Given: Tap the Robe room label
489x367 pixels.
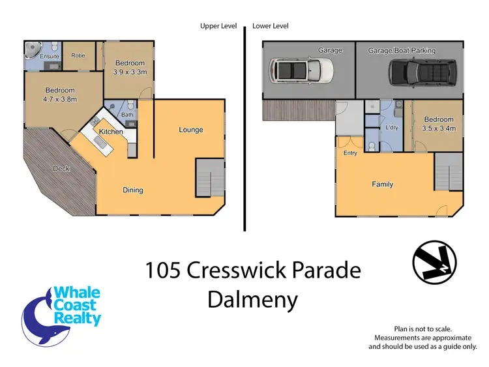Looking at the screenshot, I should [x=79, y=55].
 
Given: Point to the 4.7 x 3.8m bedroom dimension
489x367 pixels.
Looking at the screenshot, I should [x=60, y=100].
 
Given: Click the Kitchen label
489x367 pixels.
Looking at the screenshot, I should [x=111, y=132].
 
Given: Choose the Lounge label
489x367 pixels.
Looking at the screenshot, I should [x=191, y=130].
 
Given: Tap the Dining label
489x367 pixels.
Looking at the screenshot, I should [x=133, y=190].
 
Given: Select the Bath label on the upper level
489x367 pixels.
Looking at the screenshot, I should [x=127, y=115].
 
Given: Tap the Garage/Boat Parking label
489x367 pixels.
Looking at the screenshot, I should [x=402, y=50].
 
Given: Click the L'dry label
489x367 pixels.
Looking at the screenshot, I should [x=392, y=127].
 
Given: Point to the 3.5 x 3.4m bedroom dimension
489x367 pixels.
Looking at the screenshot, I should [x=438, y=129].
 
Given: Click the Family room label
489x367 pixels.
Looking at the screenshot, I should [x=383, y=184].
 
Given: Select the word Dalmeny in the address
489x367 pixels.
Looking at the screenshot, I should [x=252, y=300].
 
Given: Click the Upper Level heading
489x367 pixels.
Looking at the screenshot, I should [x=218, y=26].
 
